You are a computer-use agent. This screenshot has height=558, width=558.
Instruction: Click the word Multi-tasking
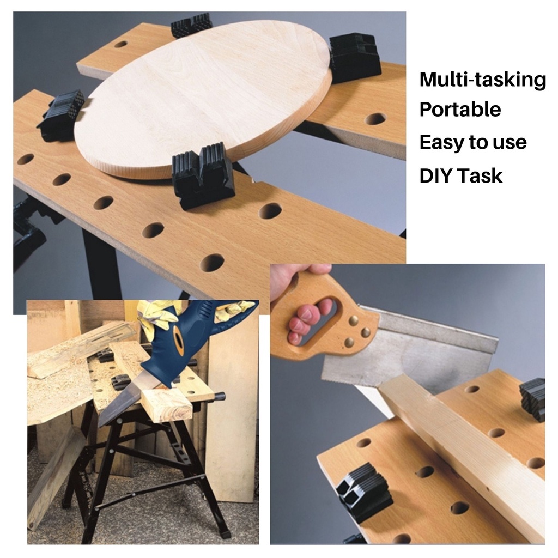click(482, 80)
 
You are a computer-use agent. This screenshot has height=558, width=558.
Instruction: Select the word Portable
click(460, 110)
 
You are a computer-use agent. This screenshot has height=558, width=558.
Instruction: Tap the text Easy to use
click(473, 143)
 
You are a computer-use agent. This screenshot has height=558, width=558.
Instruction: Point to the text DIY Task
click(461, 175)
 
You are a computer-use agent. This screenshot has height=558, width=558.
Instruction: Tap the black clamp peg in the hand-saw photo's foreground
click(362, 490)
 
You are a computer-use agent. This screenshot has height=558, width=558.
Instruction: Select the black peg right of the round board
click(354, 57)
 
